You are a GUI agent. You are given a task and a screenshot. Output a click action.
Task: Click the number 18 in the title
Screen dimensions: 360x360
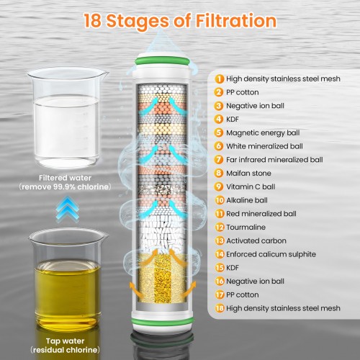pyautogui.click(x=93, y=20)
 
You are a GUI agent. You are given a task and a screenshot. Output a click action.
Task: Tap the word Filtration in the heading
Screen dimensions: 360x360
pyautogui.click(x=236, y=20)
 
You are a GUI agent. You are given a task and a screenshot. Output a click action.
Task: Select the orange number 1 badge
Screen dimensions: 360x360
pyautogui.click(x=219, y=78)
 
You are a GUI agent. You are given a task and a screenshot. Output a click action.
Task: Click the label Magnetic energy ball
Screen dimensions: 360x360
pyautogui.click(x=263, y=132)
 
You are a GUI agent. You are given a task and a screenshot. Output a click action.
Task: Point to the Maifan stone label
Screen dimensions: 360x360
pyautogui.click(x=248, y=173)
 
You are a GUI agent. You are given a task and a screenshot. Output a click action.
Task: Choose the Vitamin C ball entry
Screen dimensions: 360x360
pyautogui.click(x=251, y=186)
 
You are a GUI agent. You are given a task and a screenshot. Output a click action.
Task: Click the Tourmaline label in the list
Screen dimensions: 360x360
pyautogui.click(x=246, y=227)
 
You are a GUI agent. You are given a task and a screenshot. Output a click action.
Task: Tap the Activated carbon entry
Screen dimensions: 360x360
pyautogui.click(x=256, y=240)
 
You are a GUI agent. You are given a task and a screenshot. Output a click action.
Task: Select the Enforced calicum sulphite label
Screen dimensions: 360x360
pyautogui.click(x=271, y=254)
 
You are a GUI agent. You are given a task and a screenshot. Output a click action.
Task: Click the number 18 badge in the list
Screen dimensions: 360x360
pyautogui.click(x=219, y=308)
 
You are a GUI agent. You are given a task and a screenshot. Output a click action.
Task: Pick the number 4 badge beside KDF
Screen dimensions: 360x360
pyautogui.click(x=219, y=119)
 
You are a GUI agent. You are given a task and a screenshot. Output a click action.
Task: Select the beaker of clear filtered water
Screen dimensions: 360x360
pyautogui.click(x=67, y=117)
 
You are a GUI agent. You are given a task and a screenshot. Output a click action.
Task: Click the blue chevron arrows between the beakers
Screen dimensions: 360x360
pyautogui.click(x=68, y=208)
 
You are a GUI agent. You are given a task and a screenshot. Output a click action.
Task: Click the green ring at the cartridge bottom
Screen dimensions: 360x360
pyautogui.click(x=163, y=321)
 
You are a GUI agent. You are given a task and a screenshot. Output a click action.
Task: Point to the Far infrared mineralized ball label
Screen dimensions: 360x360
pyautogui.click(x=274, y=160)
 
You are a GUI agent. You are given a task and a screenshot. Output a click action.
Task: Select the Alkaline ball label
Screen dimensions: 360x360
pyautogui.click(x=247, y=200)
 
